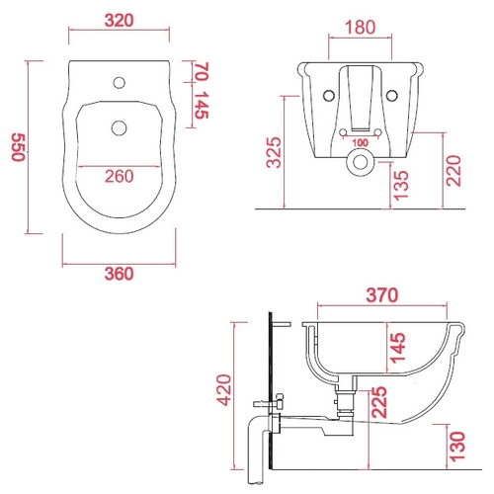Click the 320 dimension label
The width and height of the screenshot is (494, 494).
[120, 21]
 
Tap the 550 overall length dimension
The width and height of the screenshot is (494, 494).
[19, 147]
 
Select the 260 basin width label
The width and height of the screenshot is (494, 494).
[120, 176]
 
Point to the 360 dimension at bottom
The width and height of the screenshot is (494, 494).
[120, 274]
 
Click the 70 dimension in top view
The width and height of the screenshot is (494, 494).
[202, 71]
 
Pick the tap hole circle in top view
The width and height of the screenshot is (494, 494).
[120, 82]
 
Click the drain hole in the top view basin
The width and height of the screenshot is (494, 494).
[120, 128]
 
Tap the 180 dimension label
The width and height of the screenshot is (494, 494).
[361, 28]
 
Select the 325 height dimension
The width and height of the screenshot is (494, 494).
[274, 152]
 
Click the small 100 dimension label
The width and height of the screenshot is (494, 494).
[361, 143]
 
